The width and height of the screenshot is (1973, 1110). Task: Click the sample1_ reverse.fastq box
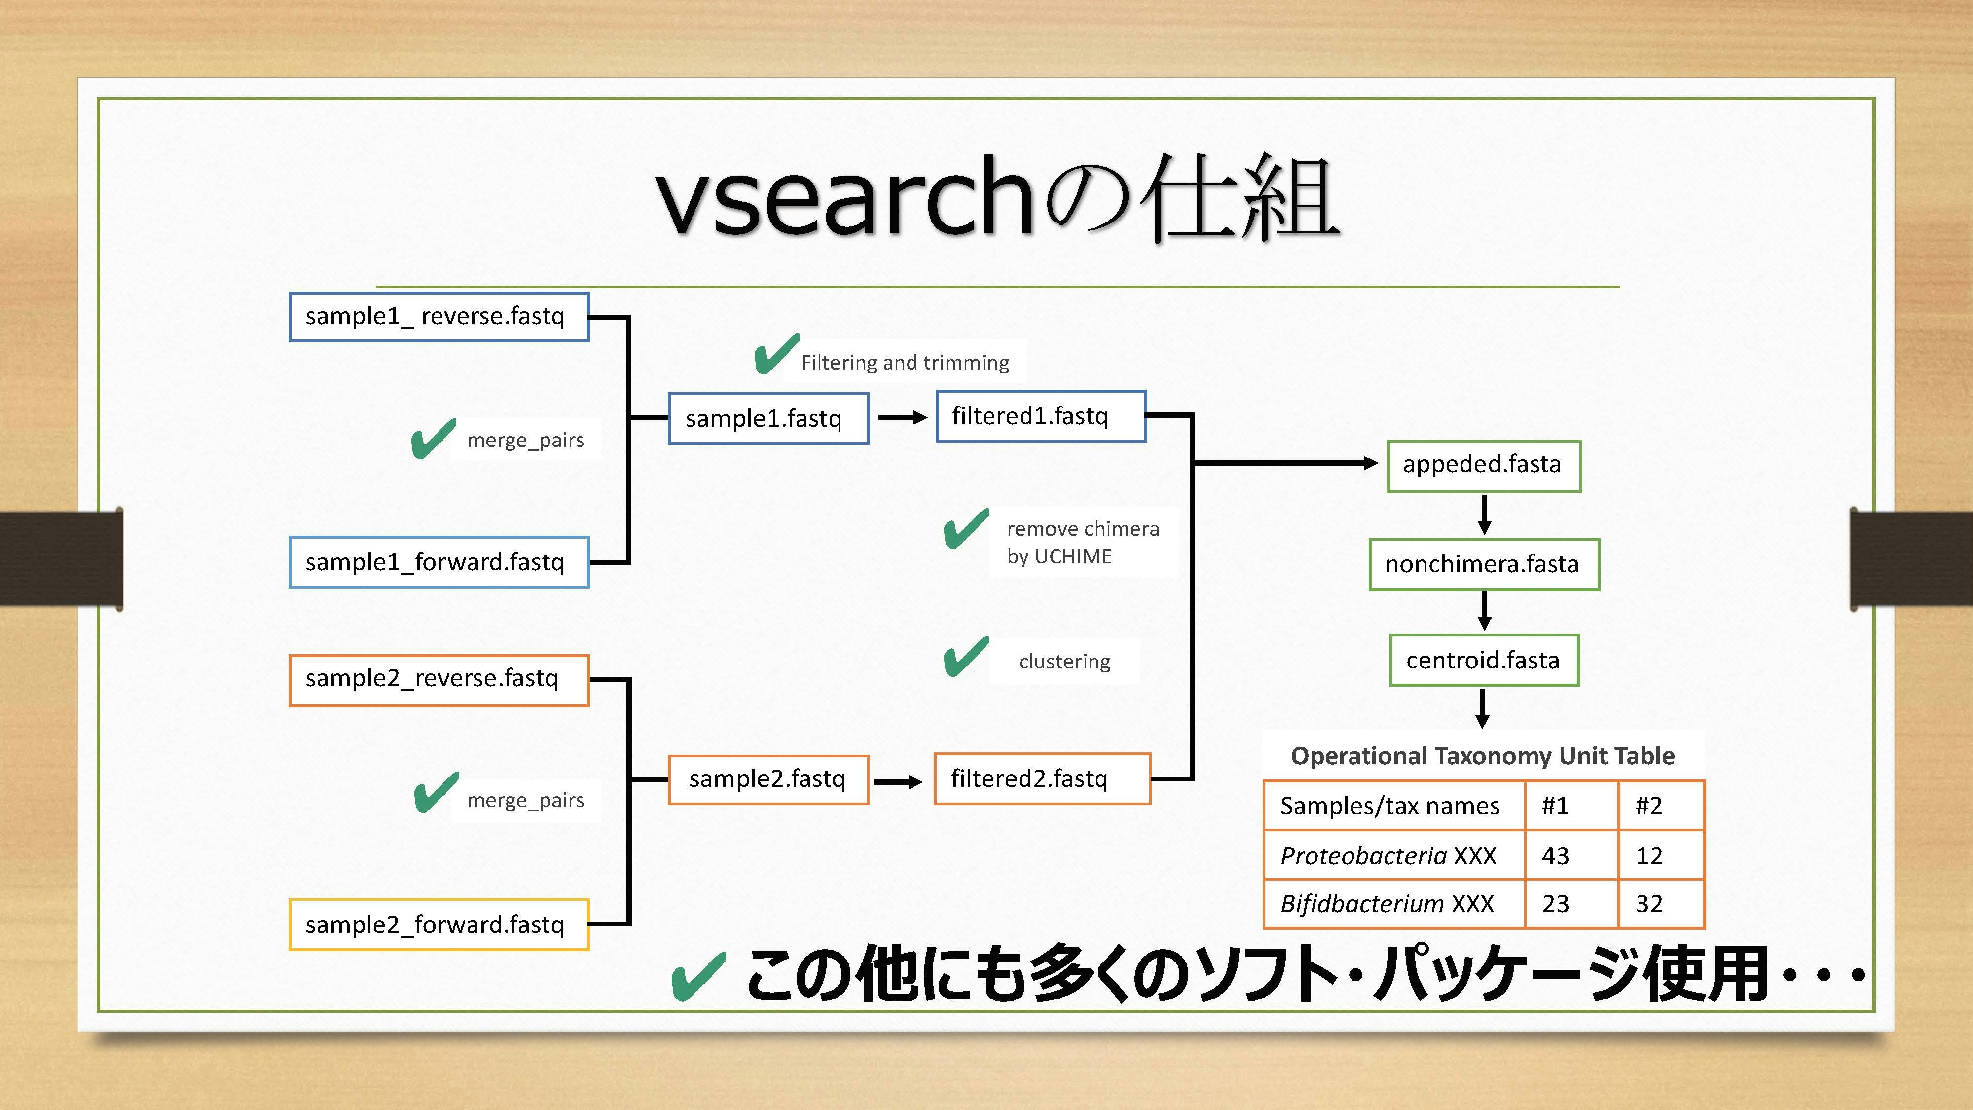click(438, 316)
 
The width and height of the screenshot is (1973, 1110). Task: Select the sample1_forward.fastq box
click(438, 562)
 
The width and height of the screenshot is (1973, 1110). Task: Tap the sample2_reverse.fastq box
click(438, 679)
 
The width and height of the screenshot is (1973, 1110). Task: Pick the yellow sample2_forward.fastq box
click(438, 925)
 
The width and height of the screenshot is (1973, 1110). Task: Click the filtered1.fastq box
click(1041, 416)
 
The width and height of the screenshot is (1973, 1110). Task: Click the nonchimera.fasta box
click(1484, 564)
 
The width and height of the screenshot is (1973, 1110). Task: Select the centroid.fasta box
click(1484, 660)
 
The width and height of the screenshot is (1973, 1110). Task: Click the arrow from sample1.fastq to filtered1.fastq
click(902, 417)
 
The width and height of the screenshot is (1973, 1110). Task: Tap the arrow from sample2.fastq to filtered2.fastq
click(898, 781)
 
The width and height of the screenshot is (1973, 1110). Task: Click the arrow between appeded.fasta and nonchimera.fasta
click(1484, 515)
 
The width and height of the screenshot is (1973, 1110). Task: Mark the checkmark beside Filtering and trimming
click(775, 355)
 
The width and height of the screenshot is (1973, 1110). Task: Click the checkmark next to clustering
click(965, 657)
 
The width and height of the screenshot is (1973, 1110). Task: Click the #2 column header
click(1660, 805)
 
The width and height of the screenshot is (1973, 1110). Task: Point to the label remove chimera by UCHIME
click(1082, 542)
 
